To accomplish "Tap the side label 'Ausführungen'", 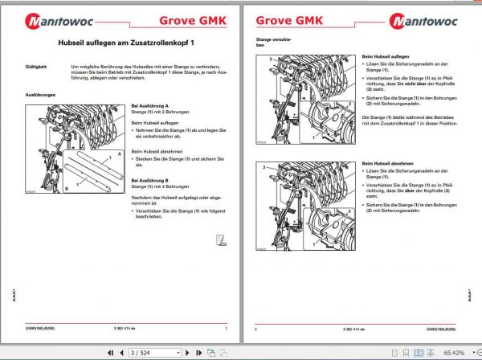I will (x=41, y=95).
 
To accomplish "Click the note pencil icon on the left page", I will (x=221, y=238).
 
